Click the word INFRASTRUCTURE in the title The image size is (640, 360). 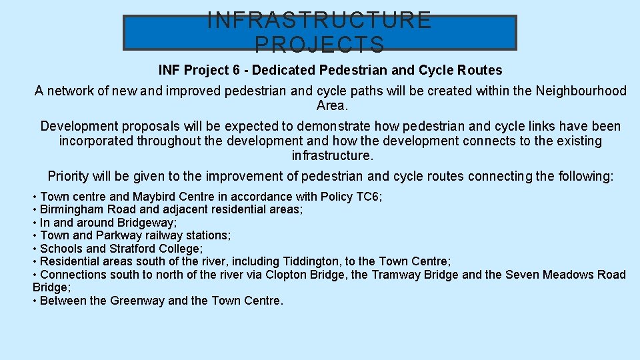(x=319, y=20)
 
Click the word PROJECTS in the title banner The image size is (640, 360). (x=319, y=44)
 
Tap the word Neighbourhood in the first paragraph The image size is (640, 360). (x=581, y=91)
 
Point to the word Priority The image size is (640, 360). (x=69, y=176)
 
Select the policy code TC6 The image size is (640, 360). (x=367, y=197)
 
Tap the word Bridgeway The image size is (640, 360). (x=145, y=223)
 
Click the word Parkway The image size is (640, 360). (x=119, y=235)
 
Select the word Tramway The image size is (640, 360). (x=393, y=275)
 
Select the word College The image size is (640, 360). (x=181, y=249)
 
